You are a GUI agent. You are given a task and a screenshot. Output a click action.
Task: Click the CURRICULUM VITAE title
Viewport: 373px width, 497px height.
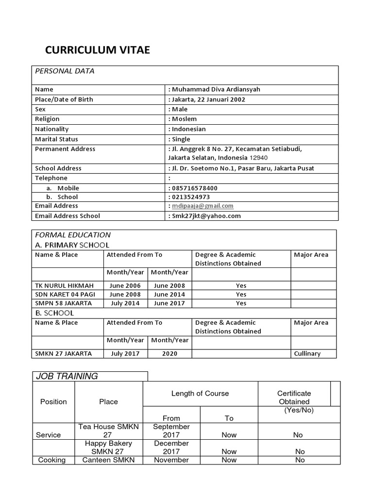coord(98,50)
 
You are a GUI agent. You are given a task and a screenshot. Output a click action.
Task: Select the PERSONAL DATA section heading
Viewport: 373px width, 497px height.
coord(65,71)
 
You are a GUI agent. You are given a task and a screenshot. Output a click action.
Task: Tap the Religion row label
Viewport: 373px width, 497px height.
coord(47,119)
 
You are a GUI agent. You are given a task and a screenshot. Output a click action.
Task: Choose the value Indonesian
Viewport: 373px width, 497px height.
coord(188,129)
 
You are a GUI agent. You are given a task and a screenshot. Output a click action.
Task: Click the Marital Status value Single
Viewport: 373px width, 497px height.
coord(181,139)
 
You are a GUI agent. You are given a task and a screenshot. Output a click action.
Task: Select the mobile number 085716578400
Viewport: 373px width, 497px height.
coord(195,188)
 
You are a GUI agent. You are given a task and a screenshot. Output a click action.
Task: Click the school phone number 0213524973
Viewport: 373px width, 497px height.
coord(191,197)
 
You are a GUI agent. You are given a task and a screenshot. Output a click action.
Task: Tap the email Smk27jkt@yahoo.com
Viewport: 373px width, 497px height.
coord(206,216)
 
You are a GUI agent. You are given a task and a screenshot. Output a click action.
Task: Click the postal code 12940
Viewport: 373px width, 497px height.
coord(258,158)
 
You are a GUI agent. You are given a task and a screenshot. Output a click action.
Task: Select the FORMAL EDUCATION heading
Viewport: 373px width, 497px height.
coord(73,235)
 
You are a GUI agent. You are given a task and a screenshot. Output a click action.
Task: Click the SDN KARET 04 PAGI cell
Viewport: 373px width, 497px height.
coord(66,294)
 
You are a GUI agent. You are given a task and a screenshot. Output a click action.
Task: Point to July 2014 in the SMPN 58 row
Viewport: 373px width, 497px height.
coord(125,303)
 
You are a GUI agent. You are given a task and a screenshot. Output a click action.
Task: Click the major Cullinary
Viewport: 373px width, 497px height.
coord(307,354)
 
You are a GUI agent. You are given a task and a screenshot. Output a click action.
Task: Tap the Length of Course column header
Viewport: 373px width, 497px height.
coord(200,393)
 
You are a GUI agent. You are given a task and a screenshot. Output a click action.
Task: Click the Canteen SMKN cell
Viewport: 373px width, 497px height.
coord(108,460)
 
